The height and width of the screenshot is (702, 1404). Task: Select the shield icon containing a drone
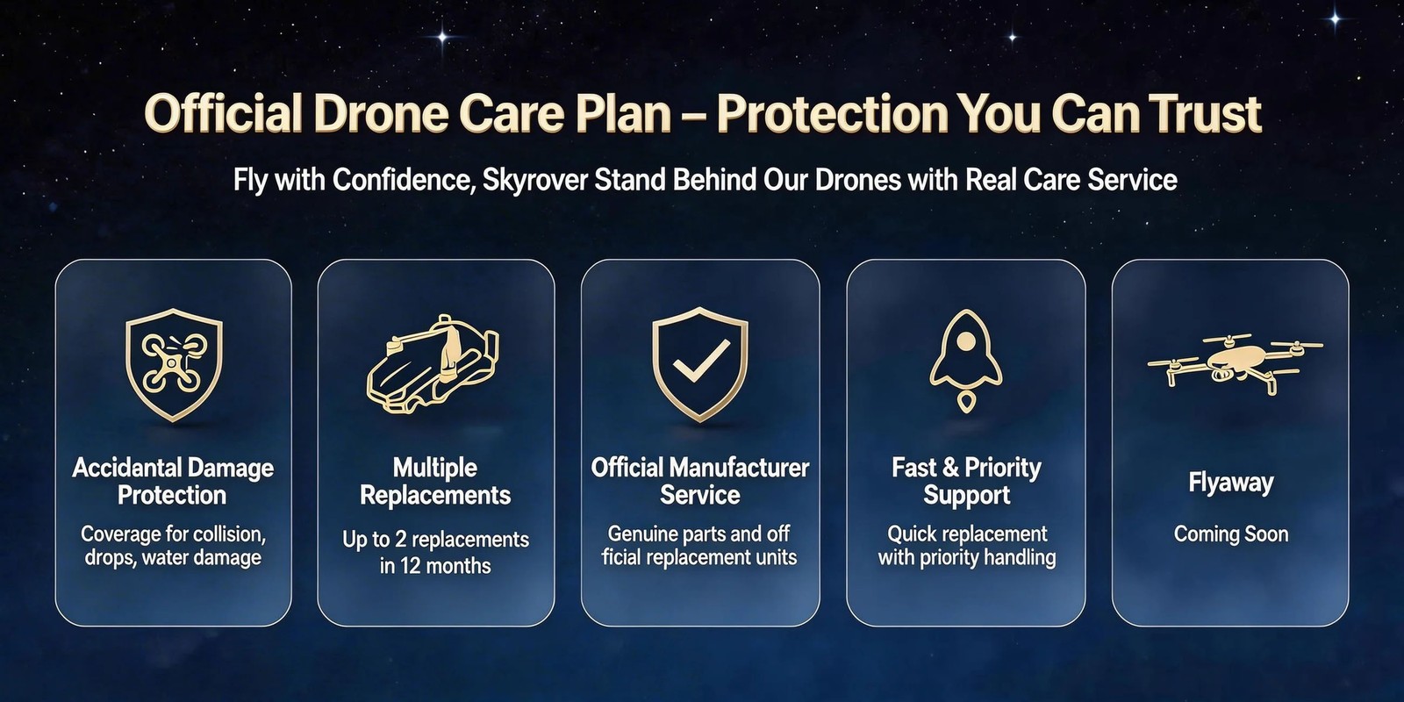click(174, 364)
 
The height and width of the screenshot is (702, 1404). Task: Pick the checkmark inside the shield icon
click(701, 359)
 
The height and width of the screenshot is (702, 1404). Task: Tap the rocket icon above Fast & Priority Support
click(965, 359)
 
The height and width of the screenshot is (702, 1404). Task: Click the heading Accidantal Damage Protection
click(173, 481)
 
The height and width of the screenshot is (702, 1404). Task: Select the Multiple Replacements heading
click(435, 481)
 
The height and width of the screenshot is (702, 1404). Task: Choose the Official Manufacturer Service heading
click(700, 481)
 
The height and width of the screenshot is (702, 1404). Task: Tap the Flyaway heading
click(1230, 483)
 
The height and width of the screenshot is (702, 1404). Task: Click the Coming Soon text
click(1230, 534)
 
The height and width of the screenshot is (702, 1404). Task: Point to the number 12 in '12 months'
click(410, 566)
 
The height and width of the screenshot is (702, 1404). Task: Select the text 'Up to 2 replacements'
click(435, 540)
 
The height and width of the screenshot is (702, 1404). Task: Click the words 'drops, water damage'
click(173, 558)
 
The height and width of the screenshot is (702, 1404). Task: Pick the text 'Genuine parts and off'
click(698, 534)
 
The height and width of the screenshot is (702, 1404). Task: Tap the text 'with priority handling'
click(966, 558)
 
